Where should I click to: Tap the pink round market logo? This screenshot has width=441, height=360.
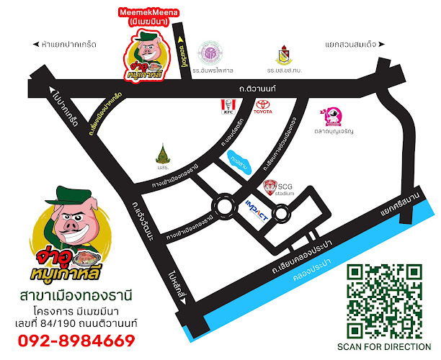pyautogui.click(x=333, y=116)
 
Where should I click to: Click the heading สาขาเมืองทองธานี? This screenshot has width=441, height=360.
pyautogui.click(x=78, y=295)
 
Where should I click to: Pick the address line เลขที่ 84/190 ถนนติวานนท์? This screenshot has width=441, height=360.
pyautogui.click(x=78, y=323)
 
